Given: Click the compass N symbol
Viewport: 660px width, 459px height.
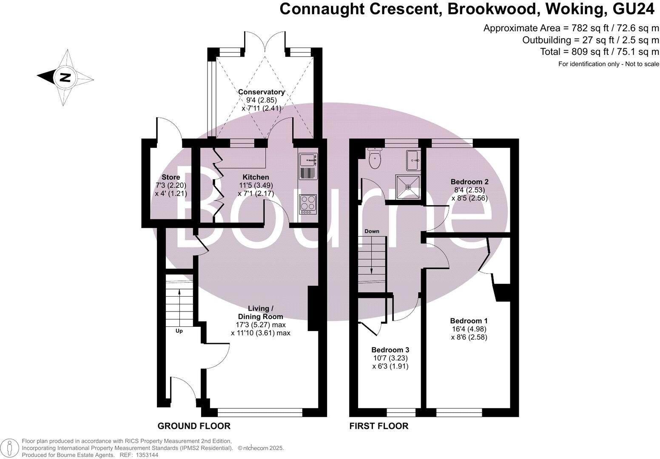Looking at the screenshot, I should (x=65, y=77).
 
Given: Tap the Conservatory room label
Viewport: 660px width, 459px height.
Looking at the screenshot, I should (x=261, y=92).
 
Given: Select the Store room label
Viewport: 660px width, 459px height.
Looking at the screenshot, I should (x=171, y=177).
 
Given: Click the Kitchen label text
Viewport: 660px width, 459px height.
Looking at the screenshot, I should (x=256, y=177).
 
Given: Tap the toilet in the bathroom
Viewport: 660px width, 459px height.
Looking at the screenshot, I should (x=375, y=159).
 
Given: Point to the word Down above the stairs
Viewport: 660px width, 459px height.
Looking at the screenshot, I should (x=372, y=231).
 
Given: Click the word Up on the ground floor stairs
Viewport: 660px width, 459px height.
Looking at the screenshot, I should (x=179, y=331).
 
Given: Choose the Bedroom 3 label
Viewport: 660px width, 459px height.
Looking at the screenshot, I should (x=390, y=350).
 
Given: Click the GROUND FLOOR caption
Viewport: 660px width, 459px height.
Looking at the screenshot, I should (x=194, y=426).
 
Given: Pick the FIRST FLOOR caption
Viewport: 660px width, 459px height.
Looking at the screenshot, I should (x=378, y=426).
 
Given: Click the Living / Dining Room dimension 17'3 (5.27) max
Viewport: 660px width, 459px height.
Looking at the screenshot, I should (x=261, y=325).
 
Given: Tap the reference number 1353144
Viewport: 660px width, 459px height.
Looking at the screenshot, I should (x=146, y=455).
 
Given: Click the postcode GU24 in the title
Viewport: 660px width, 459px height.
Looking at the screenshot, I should (x=636, y=9).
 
